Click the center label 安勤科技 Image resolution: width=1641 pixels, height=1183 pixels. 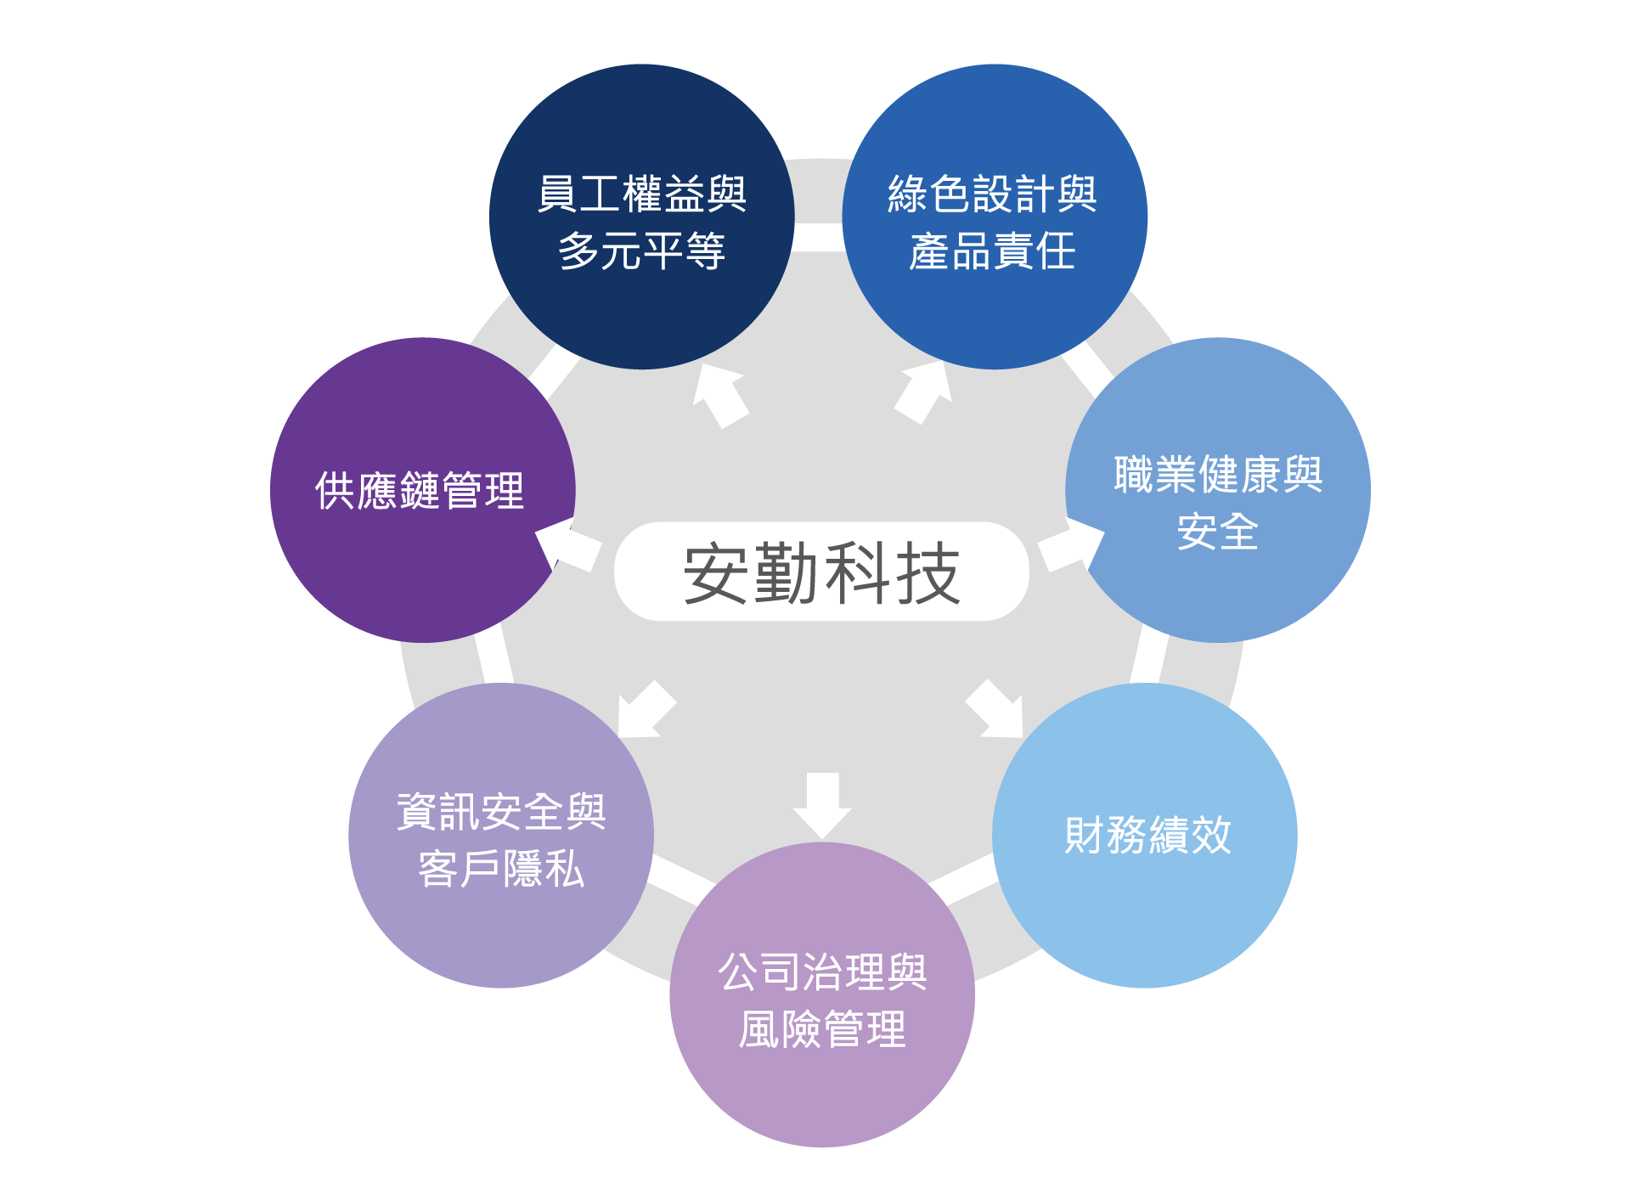(x=821, y=572)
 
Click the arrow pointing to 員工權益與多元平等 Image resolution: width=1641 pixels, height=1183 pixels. (x=719, y=394)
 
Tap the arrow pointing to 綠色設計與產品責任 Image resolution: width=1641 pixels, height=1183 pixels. (x=924, y=392)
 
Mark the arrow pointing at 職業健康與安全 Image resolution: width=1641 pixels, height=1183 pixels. (x=1070, y=546)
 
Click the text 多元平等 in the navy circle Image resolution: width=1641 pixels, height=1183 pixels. (x=641, y=251)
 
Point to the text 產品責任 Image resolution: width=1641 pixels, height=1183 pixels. (x=992, y=251)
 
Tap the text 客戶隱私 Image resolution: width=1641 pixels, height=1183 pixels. (x=501, y=869)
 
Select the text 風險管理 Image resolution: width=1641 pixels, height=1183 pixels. (x=821, y=1029)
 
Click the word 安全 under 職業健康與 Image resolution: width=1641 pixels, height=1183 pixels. (x=1217, y=532)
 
